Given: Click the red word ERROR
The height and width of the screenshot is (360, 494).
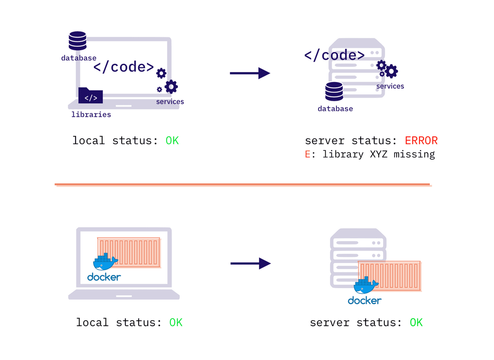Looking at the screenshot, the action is pyautogui.click(x=421, y=141).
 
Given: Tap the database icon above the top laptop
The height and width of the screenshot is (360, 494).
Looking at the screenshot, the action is pyautogui.click(x=78, y=41).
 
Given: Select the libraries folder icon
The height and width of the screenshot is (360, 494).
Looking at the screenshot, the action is pyautogui.click(x=90, y=95).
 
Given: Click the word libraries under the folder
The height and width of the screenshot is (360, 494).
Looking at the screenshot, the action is pyautogui.click(x=91, y=114).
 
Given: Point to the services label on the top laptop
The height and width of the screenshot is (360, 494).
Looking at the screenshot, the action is pyautogui.click(x=170, y=102).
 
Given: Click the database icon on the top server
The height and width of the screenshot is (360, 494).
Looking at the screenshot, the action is pyautogui.click(x=334, y=92).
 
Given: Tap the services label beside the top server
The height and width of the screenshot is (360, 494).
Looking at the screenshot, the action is pyautogui.click(x=390, y=86).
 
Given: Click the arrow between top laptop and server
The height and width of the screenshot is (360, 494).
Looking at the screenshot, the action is pyautogui.click(x=250, y=73).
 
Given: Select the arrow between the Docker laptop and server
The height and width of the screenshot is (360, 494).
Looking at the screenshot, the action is pyautogui.click(x=250, y=263).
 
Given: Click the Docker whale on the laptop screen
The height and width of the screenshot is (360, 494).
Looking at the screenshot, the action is pyautogui.click(x=105, y=262).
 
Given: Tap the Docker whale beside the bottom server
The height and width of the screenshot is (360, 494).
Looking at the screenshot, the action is pyautogui.click(x=366, y=285).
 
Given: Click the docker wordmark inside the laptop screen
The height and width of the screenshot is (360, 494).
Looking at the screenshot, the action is pyautogui.click(x=104, y=277).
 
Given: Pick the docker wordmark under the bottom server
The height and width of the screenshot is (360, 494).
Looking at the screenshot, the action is pyautogui.click(x=364, y=301).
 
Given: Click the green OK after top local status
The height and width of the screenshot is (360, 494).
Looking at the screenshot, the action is pyautogui.click(x=172, y=141).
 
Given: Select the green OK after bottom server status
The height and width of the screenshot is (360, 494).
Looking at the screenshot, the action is pyautogui.click(x=416, y=323).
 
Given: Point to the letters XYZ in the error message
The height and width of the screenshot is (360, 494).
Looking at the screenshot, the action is pyautogui.click(x=378, y=154).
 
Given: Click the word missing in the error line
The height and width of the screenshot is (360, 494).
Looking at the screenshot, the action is pyautogui.click(x=414, y=154).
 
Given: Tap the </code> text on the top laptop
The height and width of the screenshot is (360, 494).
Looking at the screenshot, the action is pyautogui.click(x=123, y=67).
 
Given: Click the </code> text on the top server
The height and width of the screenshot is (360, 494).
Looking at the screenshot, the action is pyautogui.click(x=334, y=55).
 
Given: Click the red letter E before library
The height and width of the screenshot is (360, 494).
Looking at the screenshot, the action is pyautogui.click(x=308, y=154).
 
